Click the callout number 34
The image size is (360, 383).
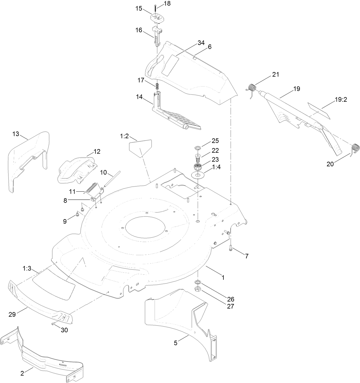point(201,43)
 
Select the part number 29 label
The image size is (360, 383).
point(12,315)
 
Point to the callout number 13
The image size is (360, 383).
point(16,134)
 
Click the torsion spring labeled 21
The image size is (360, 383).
point(252,87)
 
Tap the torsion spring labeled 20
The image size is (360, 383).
point(355,148)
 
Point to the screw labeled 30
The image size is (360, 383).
point(54,324)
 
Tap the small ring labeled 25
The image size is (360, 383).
point(197,148)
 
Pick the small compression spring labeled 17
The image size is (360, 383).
point(157,86)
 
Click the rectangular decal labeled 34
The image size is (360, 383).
point(170,64)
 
